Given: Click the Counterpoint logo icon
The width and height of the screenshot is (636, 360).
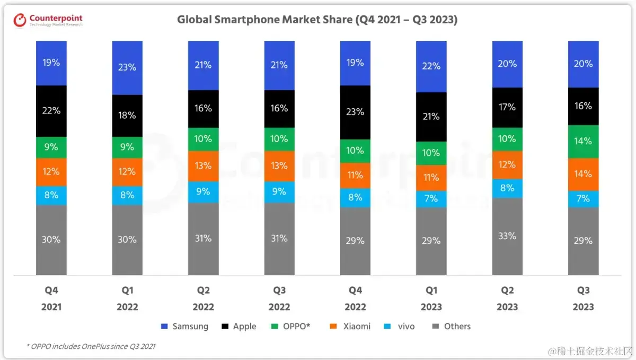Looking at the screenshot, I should point(20,20).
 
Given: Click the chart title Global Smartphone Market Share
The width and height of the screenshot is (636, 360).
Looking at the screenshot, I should point(317,20).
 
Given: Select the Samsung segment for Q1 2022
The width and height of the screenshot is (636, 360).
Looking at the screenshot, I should point(127,67).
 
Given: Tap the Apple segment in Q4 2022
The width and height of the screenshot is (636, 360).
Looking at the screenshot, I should point(355,112).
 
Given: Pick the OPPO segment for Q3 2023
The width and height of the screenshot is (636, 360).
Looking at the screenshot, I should point(583,141).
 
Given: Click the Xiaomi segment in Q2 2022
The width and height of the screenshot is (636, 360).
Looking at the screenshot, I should point(203,165).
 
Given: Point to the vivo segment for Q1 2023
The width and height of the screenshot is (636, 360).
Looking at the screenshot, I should point(431,199).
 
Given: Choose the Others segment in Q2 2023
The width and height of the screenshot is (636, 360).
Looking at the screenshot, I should point(507,236).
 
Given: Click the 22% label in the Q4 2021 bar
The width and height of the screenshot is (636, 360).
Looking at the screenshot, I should point(51,111).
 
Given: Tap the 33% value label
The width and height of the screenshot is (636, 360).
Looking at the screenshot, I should point(507,236).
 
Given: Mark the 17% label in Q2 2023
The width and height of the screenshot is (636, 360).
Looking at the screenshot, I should point(507,107).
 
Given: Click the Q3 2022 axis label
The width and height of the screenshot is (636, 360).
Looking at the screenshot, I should point(279,298).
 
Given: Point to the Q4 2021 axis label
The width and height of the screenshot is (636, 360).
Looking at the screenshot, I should point(51,298).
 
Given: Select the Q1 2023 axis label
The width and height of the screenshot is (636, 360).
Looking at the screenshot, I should point(431,298).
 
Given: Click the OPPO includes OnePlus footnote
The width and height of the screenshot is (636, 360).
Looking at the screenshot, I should point(91,346).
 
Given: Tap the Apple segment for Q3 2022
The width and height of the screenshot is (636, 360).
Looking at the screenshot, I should point(279,108).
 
